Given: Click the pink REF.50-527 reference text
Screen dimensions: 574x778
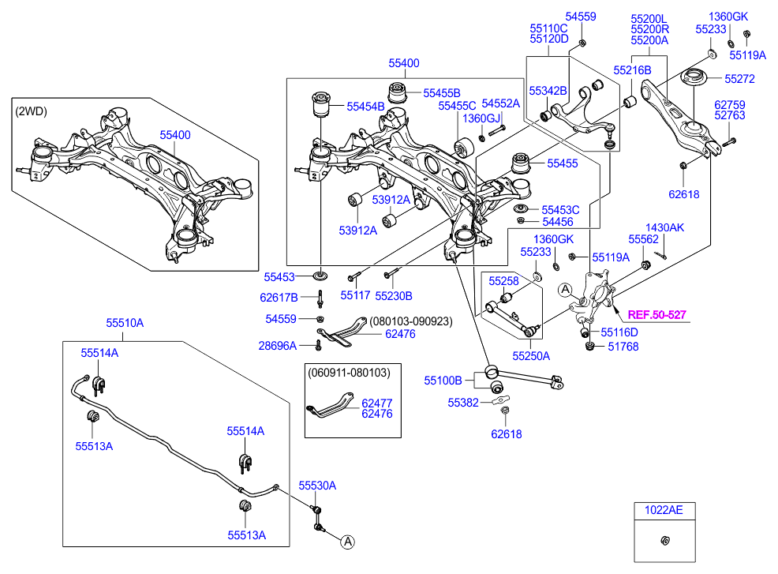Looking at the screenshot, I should (656, 315).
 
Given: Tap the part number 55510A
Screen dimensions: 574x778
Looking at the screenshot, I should (125, 323).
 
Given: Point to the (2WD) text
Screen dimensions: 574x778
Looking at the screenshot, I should (31, 111).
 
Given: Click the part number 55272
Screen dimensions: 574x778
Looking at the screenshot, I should (739, 79).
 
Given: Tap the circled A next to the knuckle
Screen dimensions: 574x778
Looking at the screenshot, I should (565, 290).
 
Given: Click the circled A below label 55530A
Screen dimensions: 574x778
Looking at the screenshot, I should (347, 541).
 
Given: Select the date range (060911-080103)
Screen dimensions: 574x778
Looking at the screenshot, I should (348, 370).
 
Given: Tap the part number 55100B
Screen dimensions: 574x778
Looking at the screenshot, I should (443, 381).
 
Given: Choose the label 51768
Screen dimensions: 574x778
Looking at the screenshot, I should (622, 346).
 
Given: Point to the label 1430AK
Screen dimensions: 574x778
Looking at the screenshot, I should (665, 227).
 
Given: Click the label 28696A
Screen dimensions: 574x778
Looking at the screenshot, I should (278, 345).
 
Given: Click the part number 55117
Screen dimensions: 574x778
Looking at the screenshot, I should (355, 295).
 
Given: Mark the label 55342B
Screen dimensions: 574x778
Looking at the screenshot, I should (548, 91).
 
